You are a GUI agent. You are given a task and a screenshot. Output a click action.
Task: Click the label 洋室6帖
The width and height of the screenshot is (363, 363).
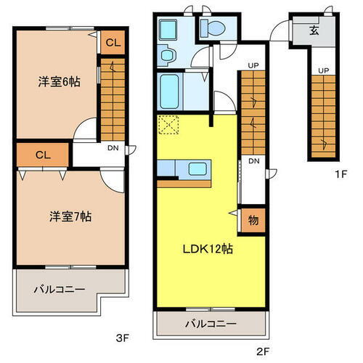(58, 82)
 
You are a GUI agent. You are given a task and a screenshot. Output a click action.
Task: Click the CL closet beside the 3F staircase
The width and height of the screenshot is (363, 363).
(112, 43)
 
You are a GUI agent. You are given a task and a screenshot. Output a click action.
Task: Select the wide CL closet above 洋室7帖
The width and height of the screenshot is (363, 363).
(42, 154)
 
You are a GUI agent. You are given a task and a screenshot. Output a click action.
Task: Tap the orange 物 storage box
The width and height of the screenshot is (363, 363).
(253, 218)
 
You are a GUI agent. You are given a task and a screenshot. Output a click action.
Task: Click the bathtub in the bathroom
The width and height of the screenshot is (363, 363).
(171, 89)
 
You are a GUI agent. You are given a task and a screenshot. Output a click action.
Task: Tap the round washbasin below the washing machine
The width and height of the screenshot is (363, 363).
(168, 56)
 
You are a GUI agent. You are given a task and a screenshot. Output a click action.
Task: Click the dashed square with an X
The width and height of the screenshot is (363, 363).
(170, 125)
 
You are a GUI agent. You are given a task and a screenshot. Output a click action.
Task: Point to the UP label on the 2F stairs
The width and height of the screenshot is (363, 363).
(253, 66)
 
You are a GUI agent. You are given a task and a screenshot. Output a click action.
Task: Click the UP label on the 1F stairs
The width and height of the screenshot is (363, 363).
(321, 70)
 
